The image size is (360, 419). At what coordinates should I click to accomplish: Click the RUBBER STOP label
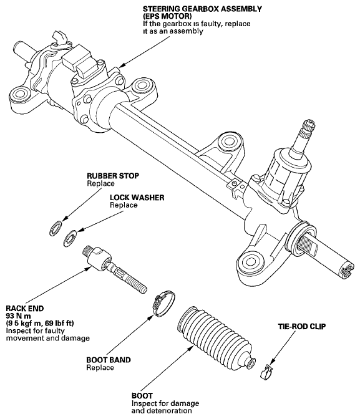tap(113, 176)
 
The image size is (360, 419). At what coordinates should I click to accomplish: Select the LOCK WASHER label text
tap(137, 198)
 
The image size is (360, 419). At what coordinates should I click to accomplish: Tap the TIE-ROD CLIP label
tap(302, 327)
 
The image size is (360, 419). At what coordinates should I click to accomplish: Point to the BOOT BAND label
tap(109, 360)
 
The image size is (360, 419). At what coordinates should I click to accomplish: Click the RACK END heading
tap(24, 309)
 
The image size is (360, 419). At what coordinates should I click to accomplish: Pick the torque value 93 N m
tap(19, 316)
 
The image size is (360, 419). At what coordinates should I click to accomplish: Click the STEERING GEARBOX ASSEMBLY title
tap(202, 9)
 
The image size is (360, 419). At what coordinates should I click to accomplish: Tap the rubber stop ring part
tap(56, 228)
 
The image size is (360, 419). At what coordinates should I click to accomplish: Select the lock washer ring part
tap(70, 238)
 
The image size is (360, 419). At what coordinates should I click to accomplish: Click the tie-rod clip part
tap(266, 372)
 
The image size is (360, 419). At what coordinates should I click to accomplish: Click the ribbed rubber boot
tap(216, 340)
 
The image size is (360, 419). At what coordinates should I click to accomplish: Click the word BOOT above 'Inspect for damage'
tap(142, 395)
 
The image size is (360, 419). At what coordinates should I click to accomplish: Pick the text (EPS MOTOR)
tap(167, 16)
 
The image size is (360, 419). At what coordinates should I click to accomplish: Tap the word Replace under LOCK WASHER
tap(124, 205)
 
